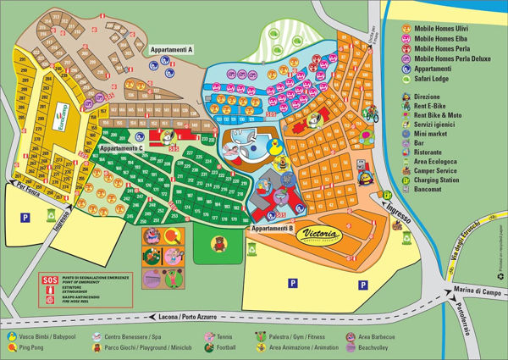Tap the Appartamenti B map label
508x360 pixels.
tap(272, 229)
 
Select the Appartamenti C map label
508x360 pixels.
tap(121, 148)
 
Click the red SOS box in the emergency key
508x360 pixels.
tap(49, 280)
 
